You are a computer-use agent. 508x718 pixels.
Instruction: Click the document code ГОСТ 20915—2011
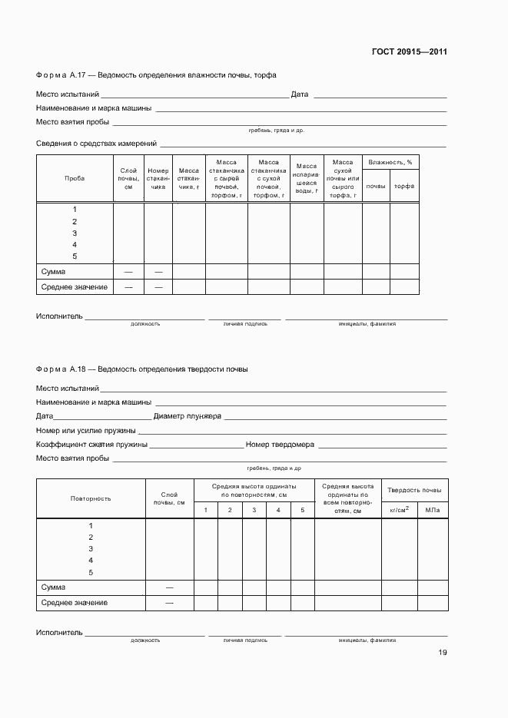point(409,52)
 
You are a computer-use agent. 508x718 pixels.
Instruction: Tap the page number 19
point(442,653)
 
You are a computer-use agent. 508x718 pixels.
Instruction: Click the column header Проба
point(75,178)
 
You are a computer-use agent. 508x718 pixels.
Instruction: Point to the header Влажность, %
point(390,162)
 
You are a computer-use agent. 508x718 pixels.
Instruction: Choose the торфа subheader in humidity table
point(404,187)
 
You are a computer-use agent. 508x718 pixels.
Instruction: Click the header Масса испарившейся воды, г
point(307,178)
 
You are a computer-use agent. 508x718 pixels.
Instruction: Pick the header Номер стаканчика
point(158,178)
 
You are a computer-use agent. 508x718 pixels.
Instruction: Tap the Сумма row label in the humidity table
point(53,271)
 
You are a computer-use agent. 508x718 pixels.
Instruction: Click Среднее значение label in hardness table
point(74,603)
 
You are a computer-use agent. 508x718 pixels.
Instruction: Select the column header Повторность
point(91,498)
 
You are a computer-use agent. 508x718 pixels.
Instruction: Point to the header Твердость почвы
point(414,490)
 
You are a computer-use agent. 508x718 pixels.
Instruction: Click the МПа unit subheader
point(432,509)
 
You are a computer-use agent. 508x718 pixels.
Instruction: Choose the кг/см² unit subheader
point(399,509)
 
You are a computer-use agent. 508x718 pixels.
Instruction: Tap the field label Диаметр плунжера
point(188,416)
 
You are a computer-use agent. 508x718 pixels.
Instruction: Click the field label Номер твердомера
point(280,445)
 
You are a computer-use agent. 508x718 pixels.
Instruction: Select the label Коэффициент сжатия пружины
point(91,445)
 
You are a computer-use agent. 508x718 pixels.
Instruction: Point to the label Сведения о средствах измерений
point(96,144)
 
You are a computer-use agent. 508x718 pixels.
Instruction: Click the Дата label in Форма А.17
point(300,94)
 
